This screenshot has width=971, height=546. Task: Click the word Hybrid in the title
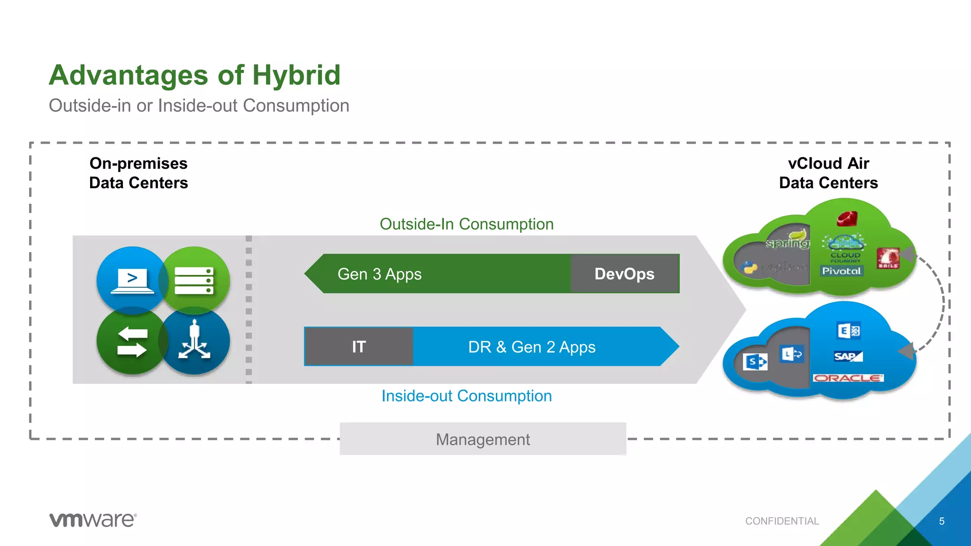tap(296, 75)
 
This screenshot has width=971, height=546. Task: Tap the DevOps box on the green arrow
tap(624, 274)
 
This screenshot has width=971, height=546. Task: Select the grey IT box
tap(358, 346)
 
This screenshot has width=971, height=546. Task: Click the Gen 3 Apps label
tap(379, 274)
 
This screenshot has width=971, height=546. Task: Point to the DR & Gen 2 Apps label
tap(531, 347)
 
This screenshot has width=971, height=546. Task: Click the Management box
tap(483, 439)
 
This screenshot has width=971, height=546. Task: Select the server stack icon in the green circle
tap(194, 281)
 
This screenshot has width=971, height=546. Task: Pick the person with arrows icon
tap(194, 340)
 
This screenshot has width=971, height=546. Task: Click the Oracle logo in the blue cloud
tap(848, 378)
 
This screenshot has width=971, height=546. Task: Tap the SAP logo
tap(847, 356)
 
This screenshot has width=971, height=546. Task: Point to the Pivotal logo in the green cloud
tap(841, 271)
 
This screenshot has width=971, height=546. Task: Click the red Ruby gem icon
tap(847, 219)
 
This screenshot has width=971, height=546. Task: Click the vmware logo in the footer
tap(93, 519)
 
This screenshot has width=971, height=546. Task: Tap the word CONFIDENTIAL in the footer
tap(782, 521)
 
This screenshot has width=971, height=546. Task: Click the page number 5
tap(942, 521)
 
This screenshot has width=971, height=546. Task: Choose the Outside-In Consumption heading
tap(467, 224)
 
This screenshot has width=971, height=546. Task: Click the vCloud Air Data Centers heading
tap(828, 173)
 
